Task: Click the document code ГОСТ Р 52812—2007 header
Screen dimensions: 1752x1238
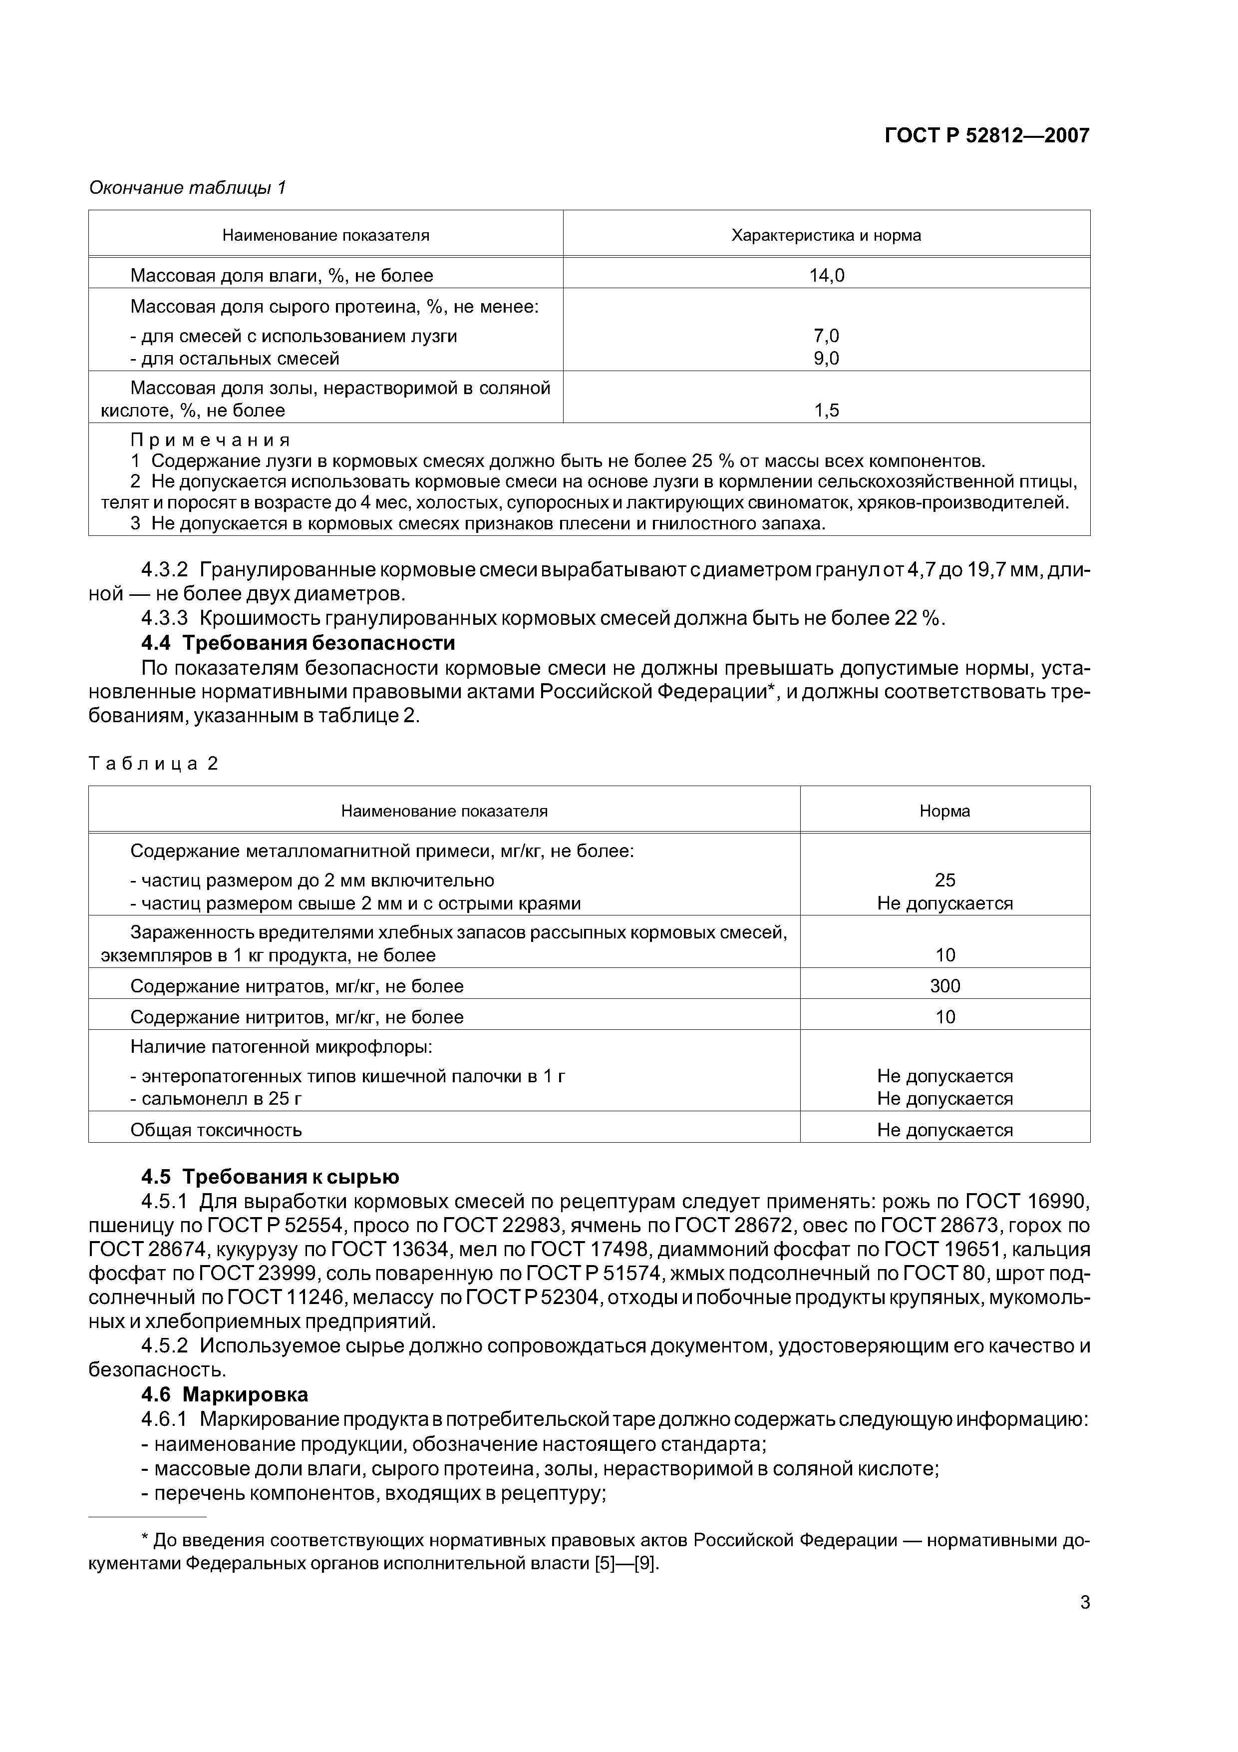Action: [x=986, y=136]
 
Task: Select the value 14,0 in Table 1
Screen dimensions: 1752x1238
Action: [x=826, y=276]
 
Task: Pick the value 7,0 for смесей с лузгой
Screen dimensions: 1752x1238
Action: [x=826, y=336]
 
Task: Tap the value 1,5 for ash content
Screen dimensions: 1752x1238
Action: [x=826, y=411]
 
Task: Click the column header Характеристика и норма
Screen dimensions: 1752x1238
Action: [x=826, y=235]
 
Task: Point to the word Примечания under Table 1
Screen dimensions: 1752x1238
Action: [x=211, y=440]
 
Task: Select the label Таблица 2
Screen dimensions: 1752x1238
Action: [x=153, y=764]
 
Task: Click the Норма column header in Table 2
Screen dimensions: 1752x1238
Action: [x=944, y=811]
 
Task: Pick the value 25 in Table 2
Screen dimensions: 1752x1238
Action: [x=944, y=880]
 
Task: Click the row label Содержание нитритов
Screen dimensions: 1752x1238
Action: [x=297, y=1017]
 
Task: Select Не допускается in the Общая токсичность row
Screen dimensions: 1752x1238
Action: [x=944, y=1130]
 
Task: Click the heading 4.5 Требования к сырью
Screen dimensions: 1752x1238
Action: [x=270, y=1177]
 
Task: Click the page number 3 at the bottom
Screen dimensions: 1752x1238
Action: [x=1085, y=1603]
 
